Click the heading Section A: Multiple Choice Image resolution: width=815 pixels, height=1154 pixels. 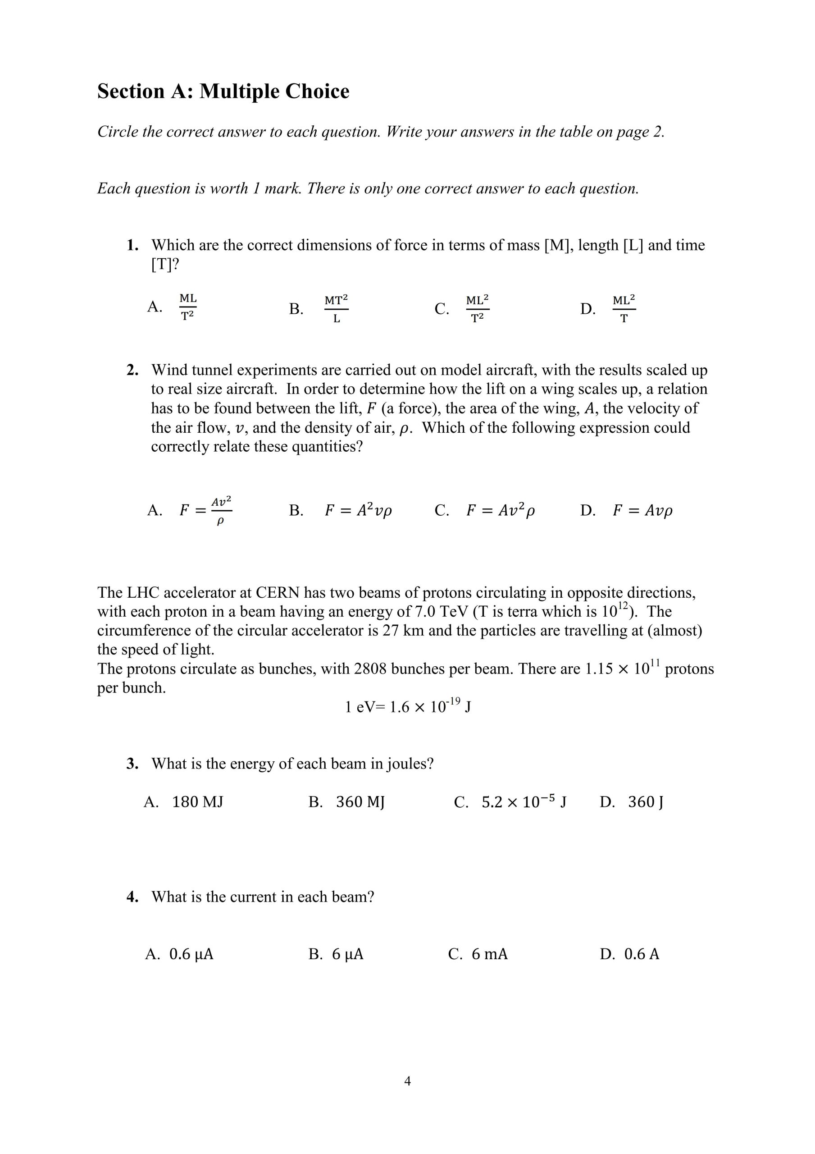click(x=223, y=92)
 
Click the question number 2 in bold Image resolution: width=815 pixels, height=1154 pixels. click(x=132, y=370)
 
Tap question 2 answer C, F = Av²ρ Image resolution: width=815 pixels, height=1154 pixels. click(x=501, y=511)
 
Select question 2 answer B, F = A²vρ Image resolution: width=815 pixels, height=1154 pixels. click(x=358, y=511)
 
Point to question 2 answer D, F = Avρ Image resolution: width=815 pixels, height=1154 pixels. click(x=642, y=511)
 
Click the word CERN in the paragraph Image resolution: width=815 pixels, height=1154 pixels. click(x=278, y=593)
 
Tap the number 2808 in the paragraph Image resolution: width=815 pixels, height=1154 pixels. click(x=371, y=669)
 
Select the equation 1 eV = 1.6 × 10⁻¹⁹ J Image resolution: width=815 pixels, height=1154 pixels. click(x=407, y=707)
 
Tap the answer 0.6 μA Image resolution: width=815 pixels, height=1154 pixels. click(x=191, y=954)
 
